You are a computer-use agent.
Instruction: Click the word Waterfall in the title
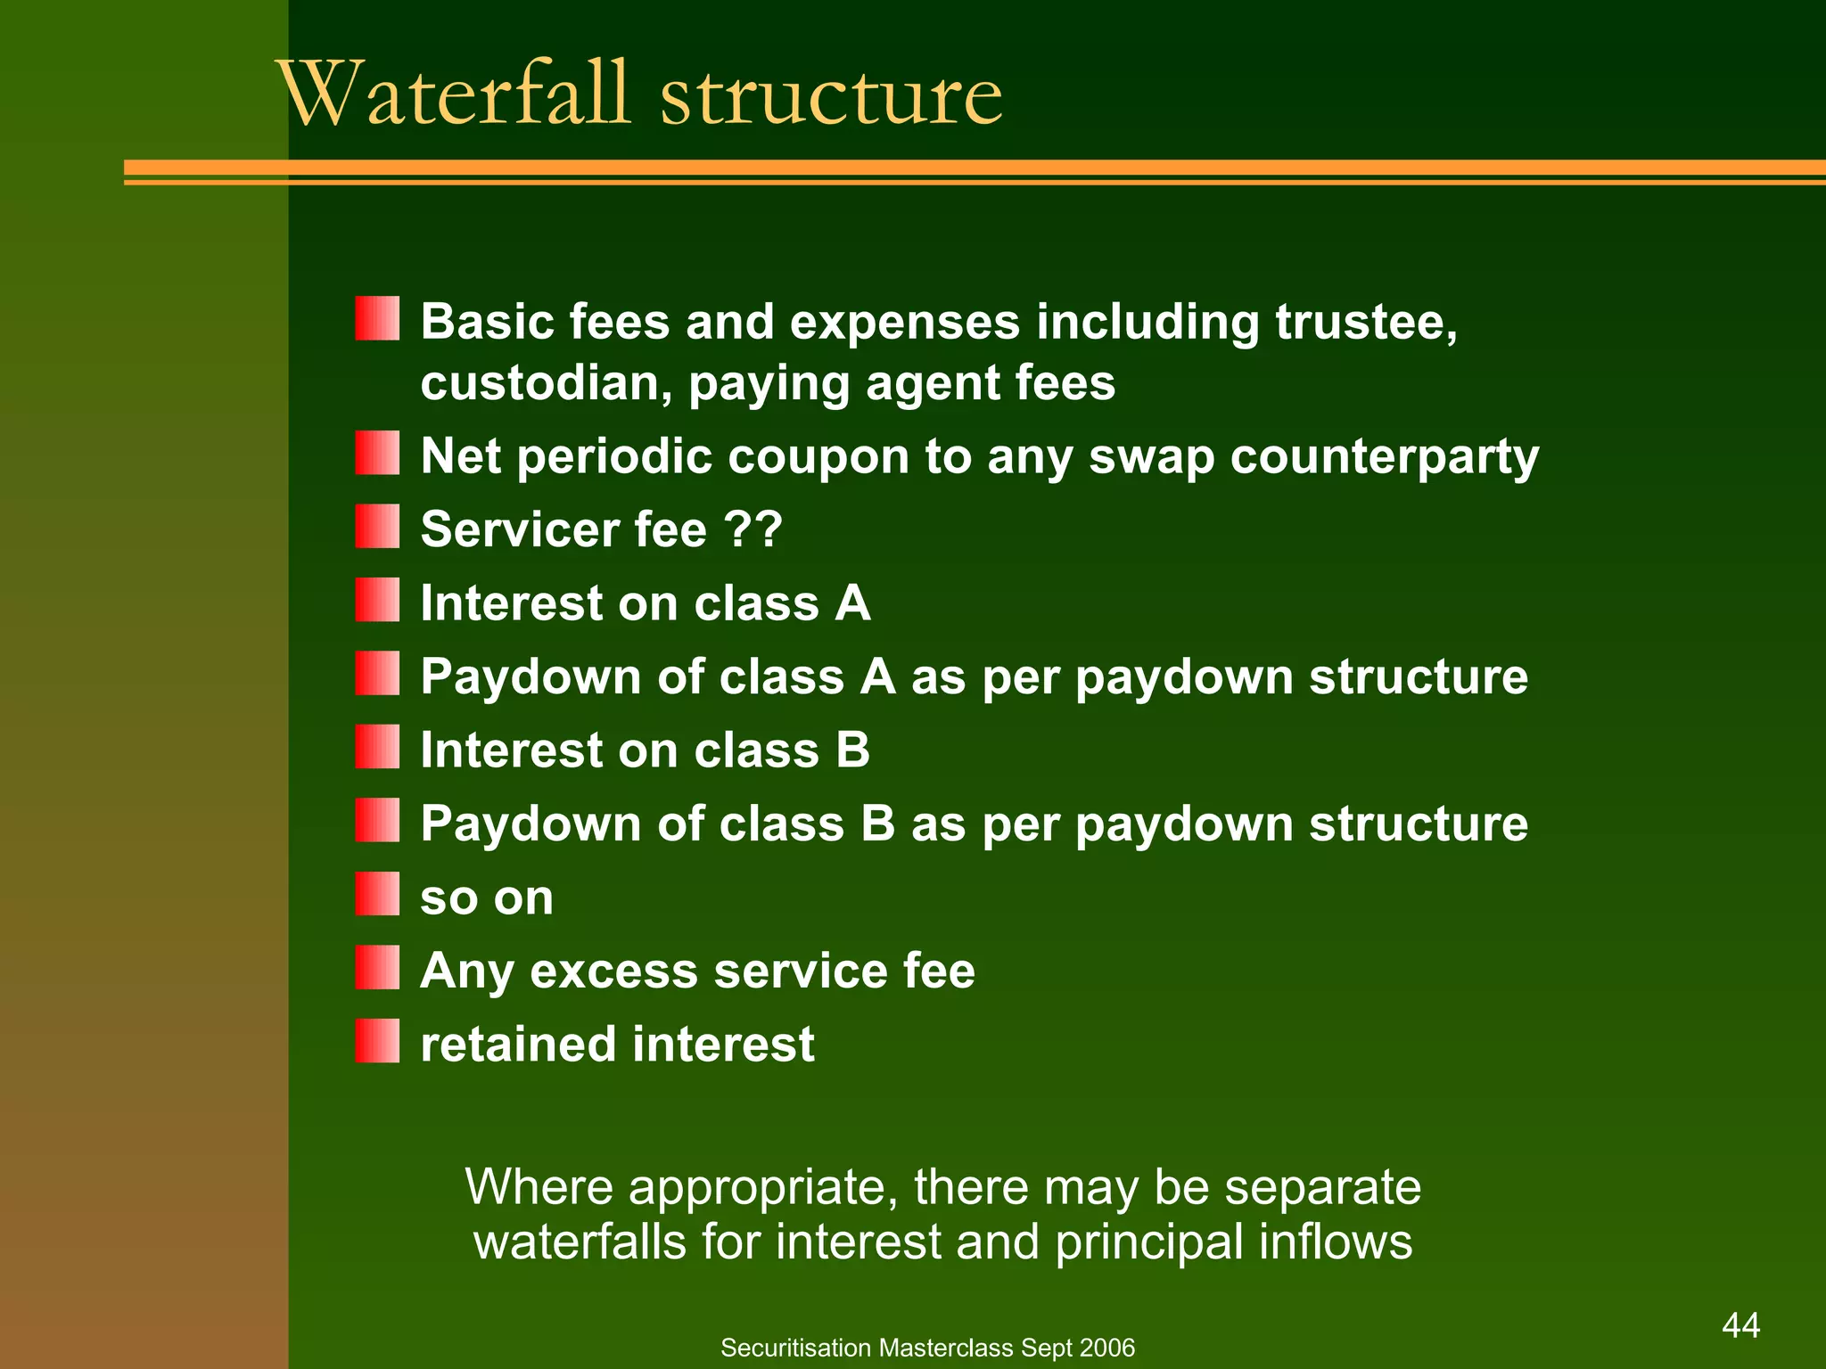click(455, 94)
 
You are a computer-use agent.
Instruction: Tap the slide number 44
click(1740, 1325)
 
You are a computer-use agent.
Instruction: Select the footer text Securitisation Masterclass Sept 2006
click(927, 1348)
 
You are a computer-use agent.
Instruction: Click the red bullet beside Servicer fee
click(377, 526)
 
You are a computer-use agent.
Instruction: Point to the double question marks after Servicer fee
click(753, 529)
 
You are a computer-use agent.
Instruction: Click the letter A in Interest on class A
click(852, 603)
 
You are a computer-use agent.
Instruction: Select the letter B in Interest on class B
click(852, 750)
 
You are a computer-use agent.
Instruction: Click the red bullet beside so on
click(377, 894)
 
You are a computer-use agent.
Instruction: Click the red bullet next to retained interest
click(377, 1041)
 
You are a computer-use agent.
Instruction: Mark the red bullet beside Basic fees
click(377, 319)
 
